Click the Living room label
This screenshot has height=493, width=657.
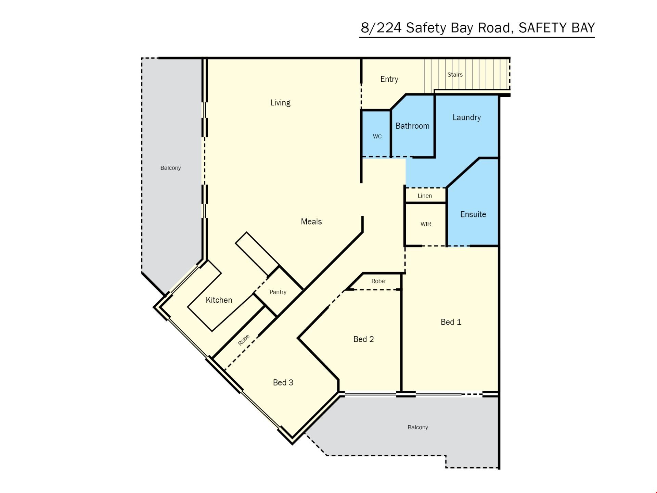pyautogui.click(x=280, y=103)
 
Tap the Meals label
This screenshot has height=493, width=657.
pyautogui.click(x=311, y=222)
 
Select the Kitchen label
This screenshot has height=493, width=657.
pyautogui.click(x=219, y=300)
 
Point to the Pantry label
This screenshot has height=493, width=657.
pyautogui.click(x=278, y=292)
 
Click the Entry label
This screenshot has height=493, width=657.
pyautogui.click(x=389, y=79)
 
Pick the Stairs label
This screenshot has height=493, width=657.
pyautogui.click(x=455, y=75)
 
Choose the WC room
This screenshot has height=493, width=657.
pyautogui.click(x=376, y=134)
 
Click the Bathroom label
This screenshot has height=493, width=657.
pyautogui.click(x=412, y=126)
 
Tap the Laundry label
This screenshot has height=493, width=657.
pyautogui.click(x=467, y=117)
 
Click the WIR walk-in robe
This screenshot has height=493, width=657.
pyautogui.click(x=426, y=224)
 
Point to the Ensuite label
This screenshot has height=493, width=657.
pyautogui.click(x=473, y=214)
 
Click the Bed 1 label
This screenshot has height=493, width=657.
pyautogui.click(x=451, y=322)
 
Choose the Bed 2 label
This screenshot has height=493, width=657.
pyautogui.click(x=364, y=339)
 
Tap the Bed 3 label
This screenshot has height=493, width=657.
pyautogui.click(x=283, y=382)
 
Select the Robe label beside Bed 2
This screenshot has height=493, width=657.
pyautogui.click(x=378, y=281)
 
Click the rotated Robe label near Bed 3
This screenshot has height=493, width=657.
pyautogui.click(x=244, y=340)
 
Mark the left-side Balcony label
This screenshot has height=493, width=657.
pyautogui.click(x=170, y=168)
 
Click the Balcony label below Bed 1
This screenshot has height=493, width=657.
pyautogui.click(x=418, y=427)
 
